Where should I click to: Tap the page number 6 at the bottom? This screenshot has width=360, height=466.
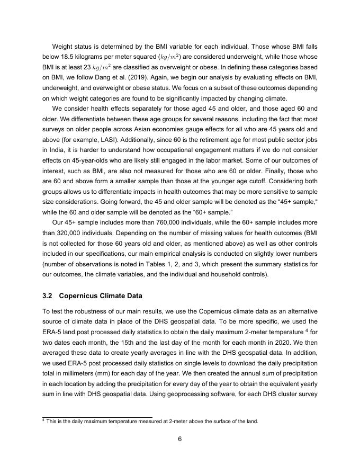click(x=180, y=437)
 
